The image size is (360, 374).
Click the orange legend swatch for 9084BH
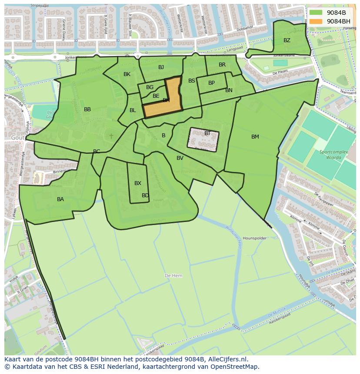click(x=316, y=21)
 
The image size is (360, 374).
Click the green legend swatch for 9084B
click(x=316, y=13)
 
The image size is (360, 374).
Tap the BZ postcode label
click(x=287, y=40)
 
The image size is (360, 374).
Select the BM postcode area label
click(x=255, y=137)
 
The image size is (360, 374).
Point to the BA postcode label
click(x=60, y=199)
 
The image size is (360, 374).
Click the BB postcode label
click(x=87, y=109)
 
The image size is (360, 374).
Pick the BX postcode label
click(x=138, y=183)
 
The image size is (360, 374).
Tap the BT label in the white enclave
click(x=207, y=133)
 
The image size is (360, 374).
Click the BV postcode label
click(x=180, y=158)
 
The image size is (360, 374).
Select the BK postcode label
click(x=127, y=74)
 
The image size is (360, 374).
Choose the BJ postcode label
click(x=161, y=67)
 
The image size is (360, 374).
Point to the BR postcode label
click(x=222, y=65)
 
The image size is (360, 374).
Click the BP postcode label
click(x=211, y=83)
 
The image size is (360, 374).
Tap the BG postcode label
click(x=150, y=87)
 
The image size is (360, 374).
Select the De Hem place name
click(x=173, y=276)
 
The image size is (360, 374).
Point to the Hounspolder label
click(x=254, y=238)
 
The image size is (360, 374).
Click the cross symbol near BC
click(x=111, y=136)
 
